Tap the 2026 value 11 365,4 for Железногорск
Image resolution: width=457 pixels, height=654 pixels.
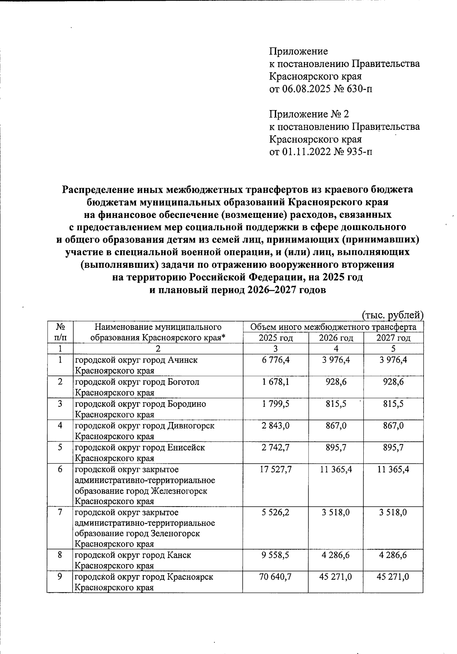[x=336, y=469]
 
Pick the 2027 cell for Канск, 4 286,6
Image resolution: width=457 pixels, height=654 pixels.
[x=393, y=555]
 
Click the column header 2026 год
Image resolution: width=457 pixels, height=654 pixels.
[x=336, y=338]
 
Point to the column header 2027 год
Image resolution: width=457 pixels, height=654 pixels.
[x=393, y=338]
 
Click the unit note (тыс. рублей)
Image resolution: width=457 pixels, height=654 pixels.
[x=392, y=315]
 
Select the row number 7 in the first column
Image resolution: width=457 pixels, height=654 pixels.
[x=60, y=512]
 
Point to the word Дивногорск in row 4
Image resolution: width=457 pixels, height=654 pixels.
[x=191, y=425]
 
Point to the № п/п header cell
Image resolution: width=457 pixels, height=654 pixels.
[x=60, y=332]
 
